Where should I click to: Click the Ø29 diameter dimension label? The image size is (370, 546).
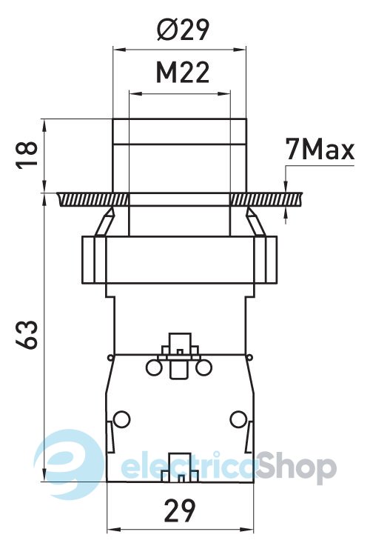click(x=183, y=30)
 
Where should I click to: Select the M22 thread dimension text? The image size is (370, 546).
click(x=183, y=73)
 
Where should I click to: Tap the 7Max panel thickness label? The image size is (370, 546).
click(x=320, y=150)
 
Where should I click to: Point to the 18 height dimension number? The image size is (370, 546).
click(x=27, y=154)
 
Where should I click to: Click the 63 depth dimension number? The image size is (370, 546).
click(x=27, y=335)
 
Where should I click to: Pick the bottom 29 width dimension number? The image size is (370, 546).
click(x=180, y=511)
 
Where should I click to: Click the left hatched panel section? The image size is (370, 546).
click(x=92, y=199)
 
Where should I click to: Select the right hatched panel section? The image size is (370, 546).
click(x=266, y=199)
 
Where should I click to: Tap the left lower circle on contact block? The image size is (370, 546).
click(x=121, y=419)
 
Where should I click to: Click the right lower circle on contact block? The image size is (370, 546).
click(x=238, y=419)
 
